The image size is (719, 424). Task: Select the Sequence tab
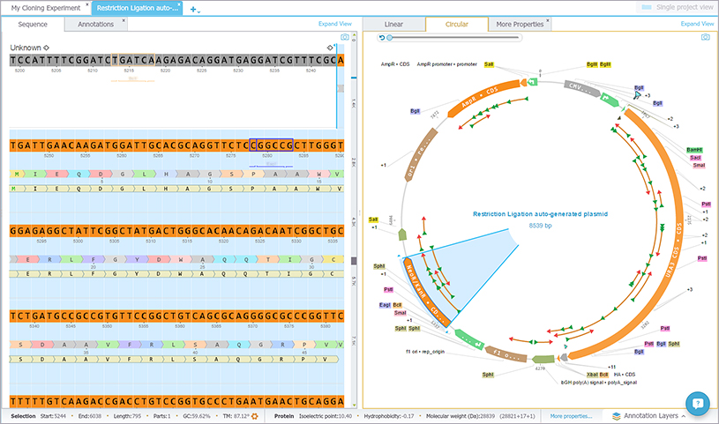(33, 25)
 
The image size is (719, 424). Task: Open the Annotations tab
(95, 25)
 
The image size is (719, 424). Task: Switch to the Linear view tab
(393, 25)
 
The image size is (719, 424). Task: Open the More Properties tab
(517, 25)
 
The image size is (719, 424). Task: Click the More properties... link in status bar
(571, 415)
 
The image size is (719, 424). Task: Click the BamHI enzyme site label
(695, 150)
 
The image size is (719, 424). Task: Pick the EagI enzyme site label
(385, 304)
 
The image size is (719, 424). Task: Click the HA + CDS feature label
(625, 375)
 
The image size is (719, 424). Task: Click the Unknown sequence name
(26, 47)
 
